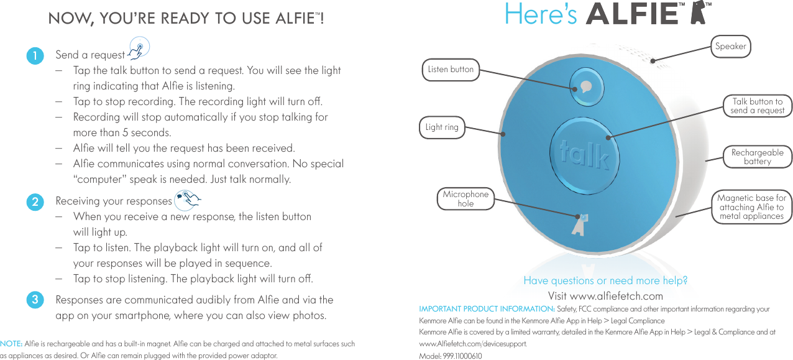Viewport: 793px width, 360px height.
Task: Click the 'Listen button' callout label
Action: pyautogui.click(x=451, y=69)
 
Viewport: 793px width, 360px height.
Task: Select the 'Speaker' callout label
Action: pyautogui.click(x=730, y=46)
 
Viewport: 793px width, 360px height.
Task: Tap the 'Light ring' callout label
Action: pyautogui.click(x=442, y=127)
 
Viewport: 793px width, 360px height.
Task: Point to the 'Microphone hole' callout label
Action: pyautogui.click(x=465, y=199)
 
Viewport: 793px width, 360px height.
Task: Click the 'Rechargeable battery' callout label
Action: pyautogui.click(x=757, y=157)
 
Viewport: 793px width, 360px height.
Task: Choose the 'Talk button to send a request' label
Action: pyautogui.click(x=757, y=106)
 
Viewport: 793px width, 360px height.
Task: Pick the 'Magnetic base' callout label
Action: pyautogui.click(x=751, y=207)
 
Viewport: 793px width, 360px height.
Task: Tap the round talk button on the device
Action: pyautogui.click(x=584, y=155)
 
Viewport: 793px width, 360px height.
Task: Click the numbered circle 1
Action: pyautogui.click(x=35, y=55)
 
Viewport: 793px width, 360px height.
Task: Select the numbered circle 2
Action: pyautogui.click(x=35, y=201)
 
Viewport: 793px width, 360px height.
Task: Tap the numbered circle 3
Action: pyautogui.click(x=35, y=300)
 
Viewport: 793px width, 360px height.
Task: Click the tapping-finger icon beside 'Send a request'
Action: pyautogui.click(x=139, y=48)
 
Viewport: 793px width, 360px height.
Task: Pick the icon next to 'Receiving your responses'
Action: pyautogui.click(x=188, y=199)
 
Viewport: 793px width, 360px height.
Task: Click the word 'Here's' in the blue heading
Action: pyautogui.click(x=541, y=14)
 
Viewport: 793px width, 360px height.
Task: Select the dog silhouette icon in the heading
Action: pyautogui.click(x=696, y=13)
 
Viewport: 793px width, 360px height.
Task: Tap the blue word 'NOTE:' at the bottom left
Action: pyautogui.click(x=11, y=344)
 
